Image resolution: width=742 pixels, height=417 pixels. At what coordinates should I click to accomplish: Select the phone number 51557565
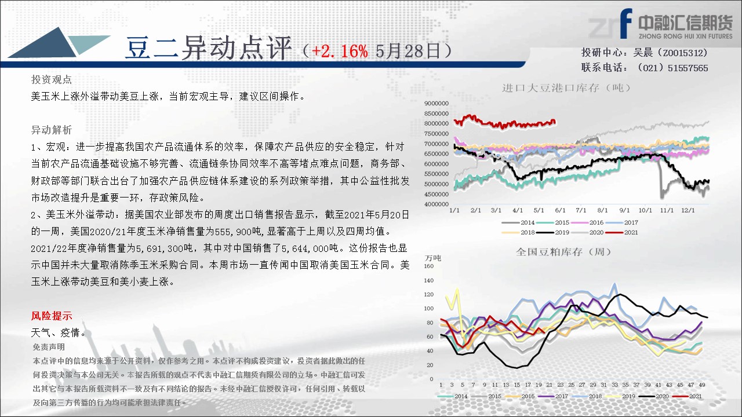click(688, 68)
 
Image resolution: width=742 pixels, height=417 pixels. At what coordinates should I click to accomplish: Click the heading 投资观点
click(52, 79)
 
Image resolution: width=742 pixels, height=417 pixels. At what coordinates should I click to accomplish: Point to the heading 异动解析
click(52, 130)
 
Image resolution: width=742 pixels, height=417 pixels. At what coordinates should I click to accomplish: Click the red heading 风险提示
click(52, 316)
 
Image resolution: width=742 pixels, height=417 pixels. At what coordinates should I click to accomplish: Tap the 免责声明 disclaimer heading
click(49, 347)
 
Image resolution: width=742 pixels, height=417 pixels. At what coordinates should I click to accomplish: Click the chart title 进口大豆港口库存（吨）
click(566, 87)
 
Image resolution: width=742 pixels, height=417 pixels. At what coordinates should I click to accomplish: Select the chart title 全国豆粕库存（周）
click(563, 252)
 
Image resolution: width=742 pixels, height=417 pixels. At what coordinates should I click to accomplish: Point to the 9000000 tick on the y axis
click(437, 103)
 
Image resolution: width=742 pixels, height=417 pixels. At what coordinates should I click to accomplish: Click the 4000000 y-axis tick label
click(437, 204)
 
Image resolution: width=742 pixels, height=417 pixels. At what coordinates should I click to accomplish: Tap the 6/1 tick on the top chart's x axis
click(560, 210)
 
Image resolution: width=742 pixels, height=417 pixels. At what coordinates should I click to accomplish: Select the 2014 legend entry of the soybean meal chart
click(453, 396)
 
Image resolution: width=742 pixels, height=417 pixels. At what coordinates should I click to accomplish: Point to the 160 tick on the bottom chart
click(428, 266)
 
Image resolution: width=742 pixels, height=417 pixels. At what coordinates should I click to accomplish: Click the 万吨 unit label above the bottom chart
click(433, 258)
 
